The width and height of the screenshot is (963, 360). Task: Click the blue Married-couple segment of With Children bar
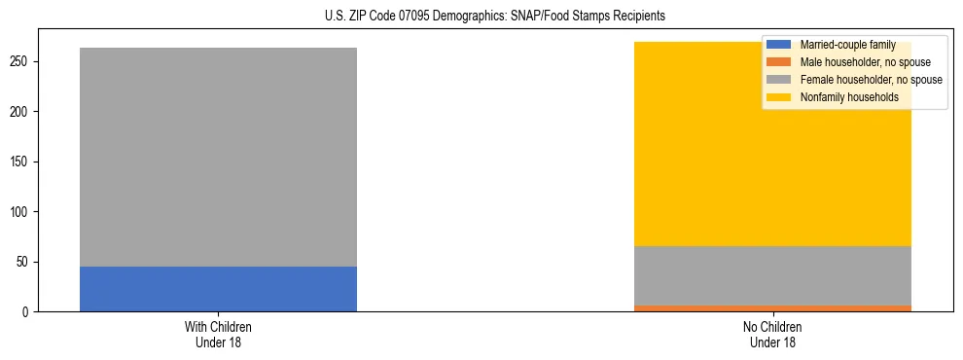[x=218, y=289]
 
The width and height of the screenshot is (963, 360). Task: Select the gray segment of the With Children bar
[x=218, y=157]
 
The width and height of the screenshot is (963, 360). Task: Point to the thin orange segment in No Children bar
[x=772, y=308]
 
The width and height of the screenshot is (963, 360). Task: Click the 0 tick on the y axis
[x=28, y=312]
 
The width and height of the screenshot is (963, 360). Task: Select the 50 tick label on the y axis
[x=25, y=262]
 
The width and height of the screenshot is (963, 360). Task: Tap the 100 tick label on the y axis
[x=22, y=212]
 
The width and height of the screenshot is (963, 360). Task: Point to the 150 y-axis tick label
[x=22, y=162]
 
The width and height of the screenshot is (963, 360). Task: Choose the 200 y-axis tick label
[x=22, y=112]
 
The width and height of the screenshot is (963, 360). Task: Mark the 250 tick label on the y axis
[x=22, y=61]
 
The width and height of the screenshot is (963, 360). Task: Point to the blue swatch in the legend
[x=780, y=45]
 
